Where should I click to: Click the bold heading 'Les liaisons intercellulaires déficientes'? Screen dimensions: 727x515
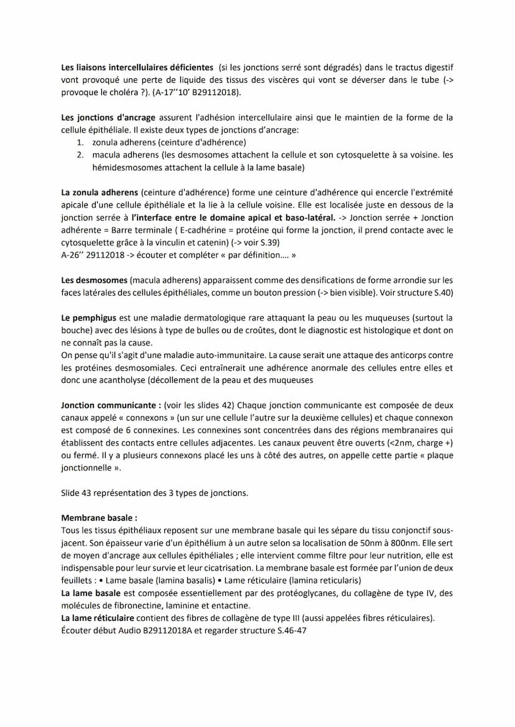137,66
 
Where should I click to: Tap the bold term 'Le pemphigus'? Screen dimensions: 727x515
89,318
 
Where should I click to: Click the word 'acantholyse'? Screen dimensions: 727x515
116,380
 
